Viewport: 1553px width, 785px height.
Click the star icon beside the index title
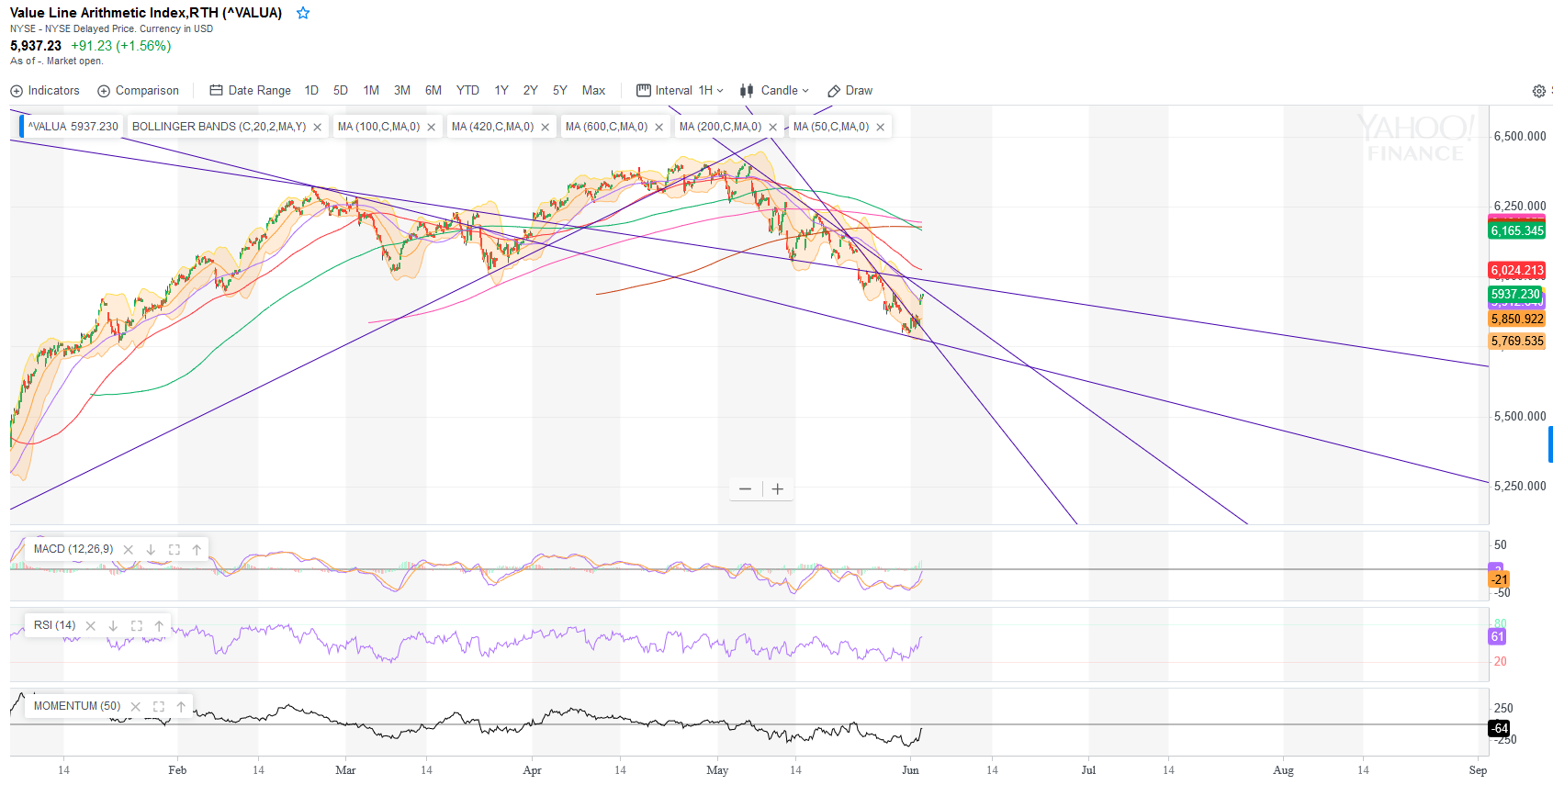point(303,13)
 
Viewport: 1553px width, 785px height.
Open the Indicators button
point(45,91)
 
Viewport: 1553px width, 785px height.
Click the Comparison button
point(139,91)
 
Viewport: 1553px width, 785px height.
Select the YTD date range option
point(467,91)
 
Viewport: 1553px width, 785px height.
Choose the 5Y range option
point(559,91)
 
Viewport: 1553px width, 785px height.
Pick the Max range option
point(593,91)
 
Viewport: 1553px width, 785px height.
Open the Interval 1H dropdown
point(681,91)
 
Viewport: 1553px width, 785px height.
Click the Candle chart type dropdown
point(775,91)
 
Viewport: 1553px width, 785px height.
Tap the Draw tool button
point(850,91)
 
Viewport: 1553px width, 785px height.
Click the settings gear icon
point(1538,91)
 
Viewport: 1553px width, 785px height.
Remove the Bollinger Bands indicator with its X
point(318,128)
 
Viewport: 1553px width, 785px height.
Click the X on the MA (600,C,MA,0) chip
point(658,128)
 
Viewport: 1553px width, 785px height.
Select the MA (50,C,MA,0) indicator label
point(830,127)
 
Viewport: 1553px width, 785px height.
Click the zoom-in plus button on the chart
point(778,489)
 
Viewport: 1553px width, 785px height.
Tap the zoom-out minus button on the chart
point(745,489)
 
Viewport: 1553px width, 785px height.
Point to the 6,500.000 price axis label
point(1520,136)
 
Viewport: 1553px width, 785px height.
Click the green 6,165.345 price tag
point(1517,230)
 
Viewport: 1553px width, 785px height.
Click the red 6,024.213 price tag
point(1517,270)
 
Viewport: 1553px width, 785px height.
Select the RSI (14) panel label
point(54,625)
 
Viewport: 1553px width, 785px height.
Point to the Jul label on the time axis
point(1088,770)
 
